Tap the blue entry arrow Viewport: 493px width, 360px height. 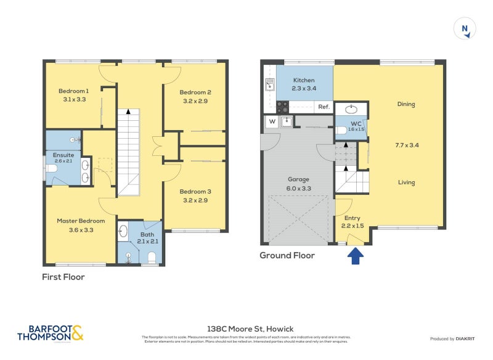[356, 255]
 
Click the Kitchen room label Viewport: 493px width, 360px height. [304, 80]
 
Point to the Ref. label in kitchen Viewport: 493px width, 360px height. [324, 107]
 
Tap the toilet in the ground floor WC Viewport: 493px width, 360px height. [341, 131]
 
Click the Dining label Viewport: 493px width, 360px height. [406, 104]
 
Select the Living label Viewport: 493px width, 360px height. [406, 182]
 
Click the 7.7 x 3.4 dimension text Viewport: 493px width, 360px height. [406, 146]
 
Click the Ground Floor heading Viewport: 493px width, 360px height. [287, 255]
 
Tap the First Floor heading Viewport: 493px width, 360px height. [63, 277]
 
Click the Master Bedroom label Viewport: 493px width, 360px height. [81, 221]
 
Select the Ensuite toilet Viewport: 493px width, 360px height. [52, 168]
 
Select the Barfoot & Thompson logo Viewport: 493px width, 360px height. [50, 333]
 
